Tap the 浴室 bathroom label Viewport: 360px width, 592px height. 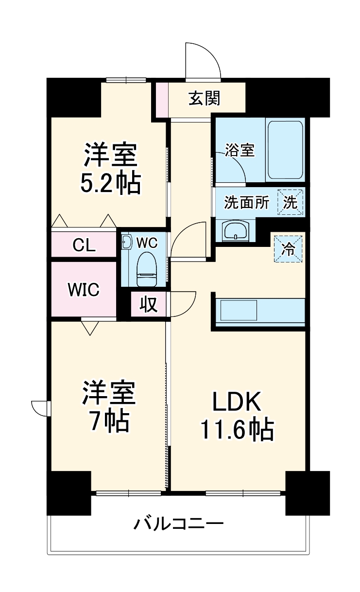[240, 150]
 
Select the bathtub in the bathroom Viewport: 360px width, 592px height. [285, 151]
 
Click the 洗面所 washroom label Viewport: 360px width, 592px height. [246, 203]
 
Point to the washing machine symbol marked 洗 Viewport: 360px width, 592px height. [290, 203]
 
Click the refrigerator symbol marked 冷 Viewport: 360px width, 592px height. [288, 249]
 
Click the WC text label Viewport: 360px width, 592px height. [146, 242]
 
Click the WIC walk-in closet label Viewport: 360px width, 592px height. [84, 290]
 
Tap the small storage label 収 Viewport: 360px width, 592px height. [149, 305]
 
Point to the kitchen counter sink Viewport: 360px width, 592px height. [239, 310]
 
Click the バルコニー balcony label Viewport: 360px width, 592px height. [179, 524]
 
